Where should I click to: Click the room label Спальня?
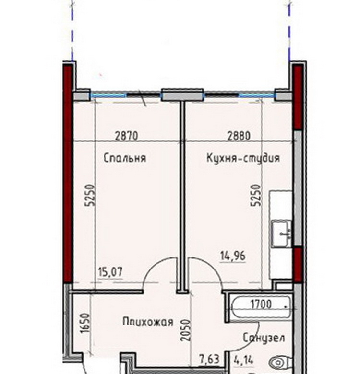[x=125, y=158]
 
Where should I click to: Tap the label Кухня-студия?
[x=243, y=158]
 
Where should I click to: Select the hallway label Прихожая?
[x=148, y=322]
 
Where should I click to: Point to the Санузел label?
[x=264, y=338]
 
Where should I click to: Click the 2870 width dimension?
[x=127, y=136]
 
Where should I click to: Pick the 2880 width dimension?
[x=239, y=136]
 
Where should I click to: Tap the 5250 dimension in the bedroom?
[x=91, y=195]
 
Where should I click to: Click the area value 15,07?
[x=110, y=272]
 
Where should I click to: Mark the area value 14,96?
[x=232, y=256]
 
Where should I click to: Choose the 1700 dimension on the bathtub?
[x=261, y=304]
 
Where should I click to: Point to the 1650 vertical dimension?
[x=85, y=323]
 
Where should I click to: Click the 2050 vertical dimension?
[x=186, y=330]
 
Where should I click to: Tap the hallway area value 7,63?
[x=209, y=360]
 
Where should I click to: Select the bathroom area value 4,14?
[x=243, y=360]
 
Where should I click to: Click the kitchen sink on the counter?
[x=281, y=234]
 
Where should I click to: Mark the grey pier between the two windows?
[x=182, y=94]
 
